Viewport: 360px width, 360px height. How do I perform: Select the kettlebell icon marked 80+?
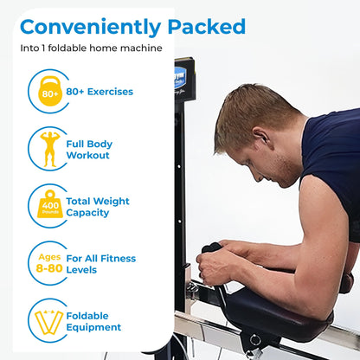click(48, 91)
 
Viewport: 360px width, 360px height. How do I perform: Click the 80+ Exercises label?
click(100, 91)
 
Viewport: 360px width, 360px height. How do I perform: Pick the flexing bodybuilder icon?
click(48, 149)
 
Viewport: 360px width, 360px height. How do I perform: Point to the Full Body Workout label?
click(88, 149)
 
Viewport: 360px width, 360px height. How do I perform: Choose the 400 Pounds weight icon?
click(48, 206)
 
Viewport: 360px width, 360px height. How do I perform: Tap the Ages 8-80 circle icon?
click(48, 263)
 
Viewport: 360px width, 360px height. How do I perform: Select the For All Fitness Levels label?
click(100, 263)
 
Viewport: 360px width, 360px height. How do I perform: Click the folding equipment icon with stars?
click(48, 320)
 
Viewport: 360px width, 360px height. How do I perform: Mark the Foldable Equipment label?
click(93, 320)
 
